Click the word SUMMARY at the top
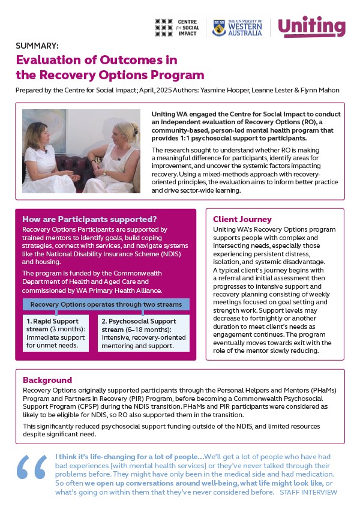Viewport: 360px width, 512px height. pos(37,45)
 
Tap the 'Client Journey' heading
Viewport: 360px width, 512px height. pos(243,220)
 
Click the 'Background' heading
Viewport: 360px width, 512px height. pos(47,380)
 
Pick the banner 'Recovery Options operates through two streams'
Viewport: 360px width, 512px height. pos(106,304)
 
